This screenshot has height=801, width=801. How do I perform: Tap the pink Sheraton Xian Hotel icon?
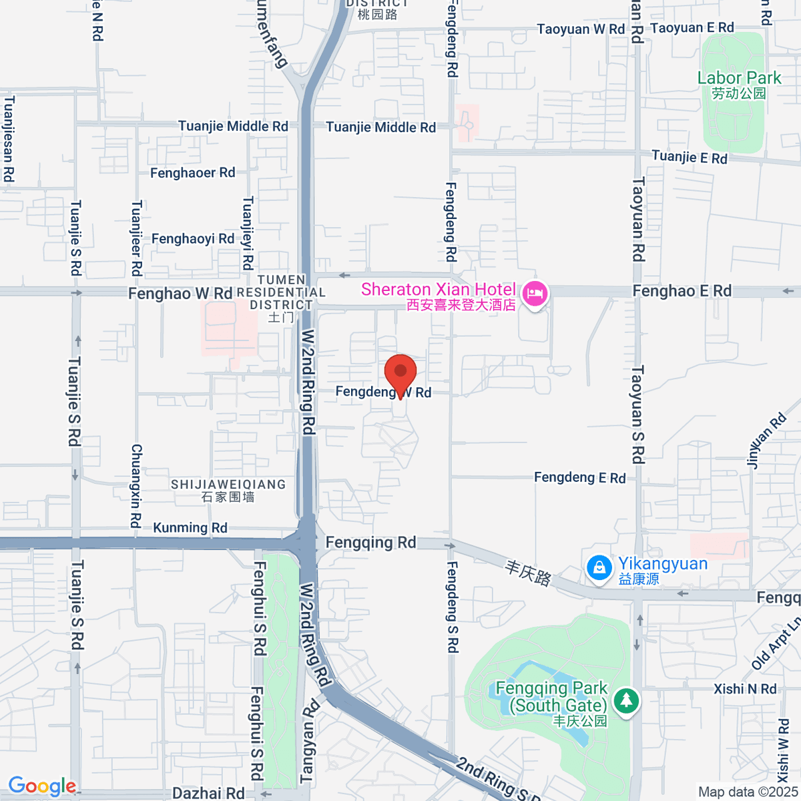[x=535, y=293]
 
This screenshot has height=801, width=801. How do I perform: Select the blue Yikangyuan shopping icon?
[x=599, y=568]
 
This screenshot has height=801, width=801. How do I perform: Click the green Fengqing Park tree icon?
[x=626, y=700]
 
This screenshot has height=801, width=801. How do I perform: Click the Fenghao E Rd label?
[x=682, y=291]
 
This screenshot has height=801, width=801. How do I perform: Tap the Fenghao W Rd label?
[x=180, y=294]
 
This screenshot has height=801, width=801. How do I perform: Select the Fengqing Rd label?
[x=370, y=543]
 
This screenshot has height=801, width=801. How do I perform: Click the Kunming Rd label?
[x=190, y=527]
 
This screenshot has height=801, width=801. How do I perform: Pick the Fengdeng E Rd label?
[x=579, y=477]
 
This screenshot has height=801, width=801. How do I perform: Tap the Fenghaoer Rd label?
[x=192, y=173]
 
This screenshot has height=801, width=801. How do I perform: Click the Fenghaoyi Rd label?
[x=192, y=239]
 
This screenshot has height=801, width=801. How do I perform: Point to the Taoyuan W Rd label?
[x=581, y=29]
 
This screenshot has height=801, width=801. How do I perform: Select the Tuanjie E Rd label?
[x=689, y=158]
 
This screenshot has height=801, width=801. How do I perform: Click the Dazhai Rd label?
[x=208, y=793]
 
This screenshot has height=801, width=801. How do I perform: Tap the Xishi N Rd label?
[x=745, y=689]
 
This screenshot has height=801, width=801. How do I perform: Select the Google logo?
[x=41, y=786]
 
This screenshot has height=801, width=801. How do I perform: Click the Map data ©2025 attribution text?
[x=748, y=792]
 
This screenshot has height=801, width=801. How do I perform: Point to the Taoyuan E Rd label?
[x=692, y=28]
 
